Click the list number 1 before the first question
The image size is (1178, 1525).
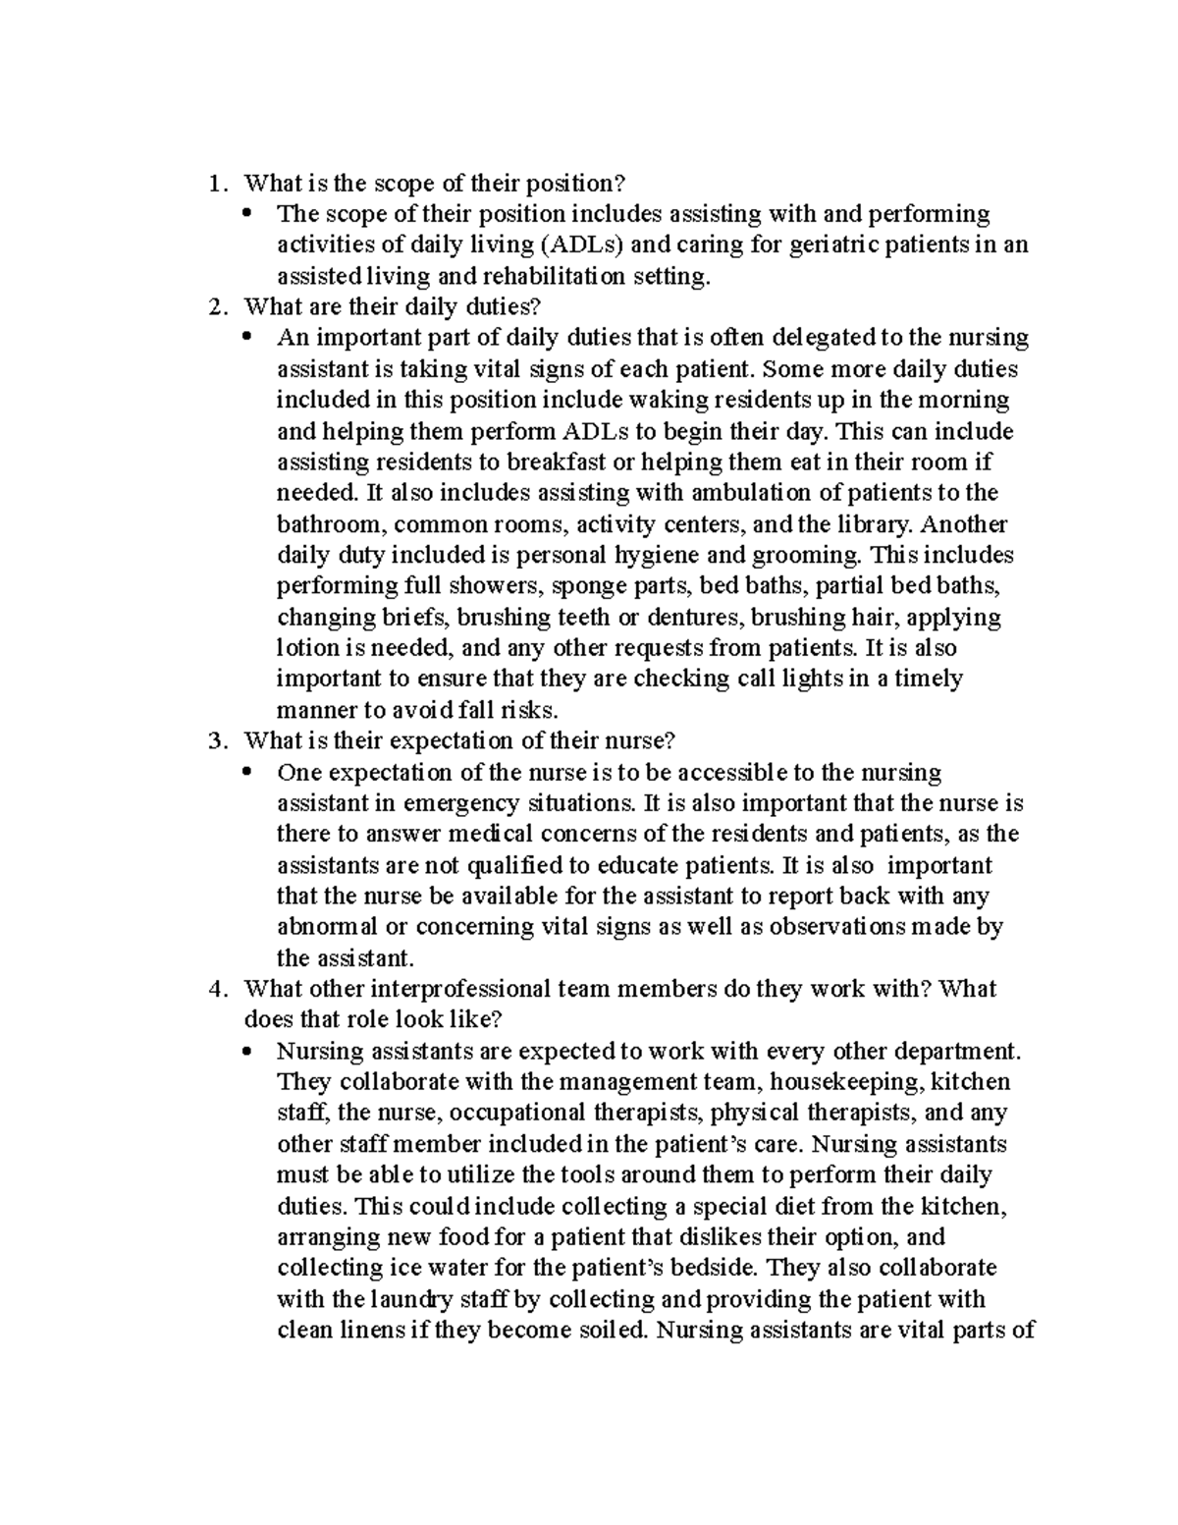tap(217, 184)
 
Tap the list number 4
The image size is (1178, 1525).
tap(217, 989)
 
